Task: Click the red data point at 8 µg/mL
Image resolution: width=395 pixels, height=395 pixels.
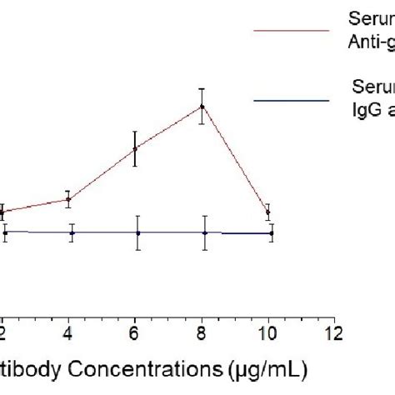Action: [201, 107]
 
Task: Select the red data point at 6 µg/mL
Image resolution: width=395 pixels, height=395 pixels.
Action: [135, 149]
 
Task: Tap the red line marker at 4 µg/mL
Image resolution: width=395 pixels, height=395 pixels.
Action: [68, 199]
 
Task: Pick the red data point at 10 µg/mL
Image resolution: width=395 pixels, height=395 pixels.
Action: [267, 212]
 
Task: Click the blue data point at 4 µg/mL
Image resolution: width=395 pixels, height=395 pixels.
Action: [72, 233]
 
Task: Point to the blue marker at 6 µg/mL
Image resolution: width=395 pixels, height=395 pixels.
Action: [138, 233]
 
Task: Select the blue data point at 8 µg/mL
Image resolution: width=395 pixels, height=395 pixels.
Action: [205, 233]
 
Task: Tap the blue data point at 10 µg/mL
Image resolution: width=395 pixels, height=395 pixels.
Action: [271, 233]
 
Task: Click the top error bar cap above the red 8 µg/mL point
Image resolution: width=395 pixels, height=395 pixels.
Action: [201, 88]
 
